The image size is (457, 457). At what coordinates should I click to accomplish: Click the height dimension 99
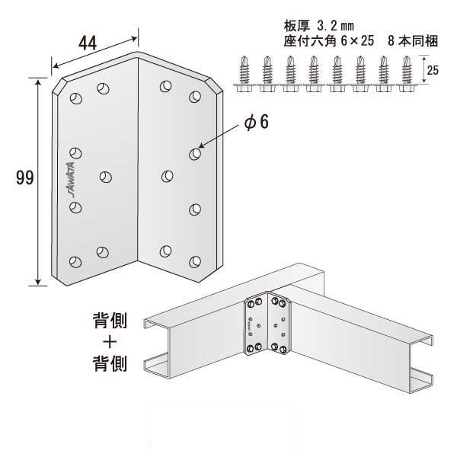[x=24, y=180]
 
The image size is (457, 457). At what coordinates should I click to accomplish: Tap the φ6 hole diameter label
[x=259, y=123]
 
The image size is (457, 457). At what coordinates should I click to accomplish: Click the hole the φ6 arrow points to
[x=194, y=154]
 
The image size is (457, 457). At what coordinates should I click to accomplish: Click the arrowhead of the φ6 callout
[x=201, y=149]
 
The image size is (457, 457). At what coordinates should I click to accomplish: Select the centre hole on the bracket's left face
[x=105, y=176]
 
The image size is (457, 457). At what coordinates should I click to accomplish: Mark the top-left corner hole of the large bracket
[x=75, y=98]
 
